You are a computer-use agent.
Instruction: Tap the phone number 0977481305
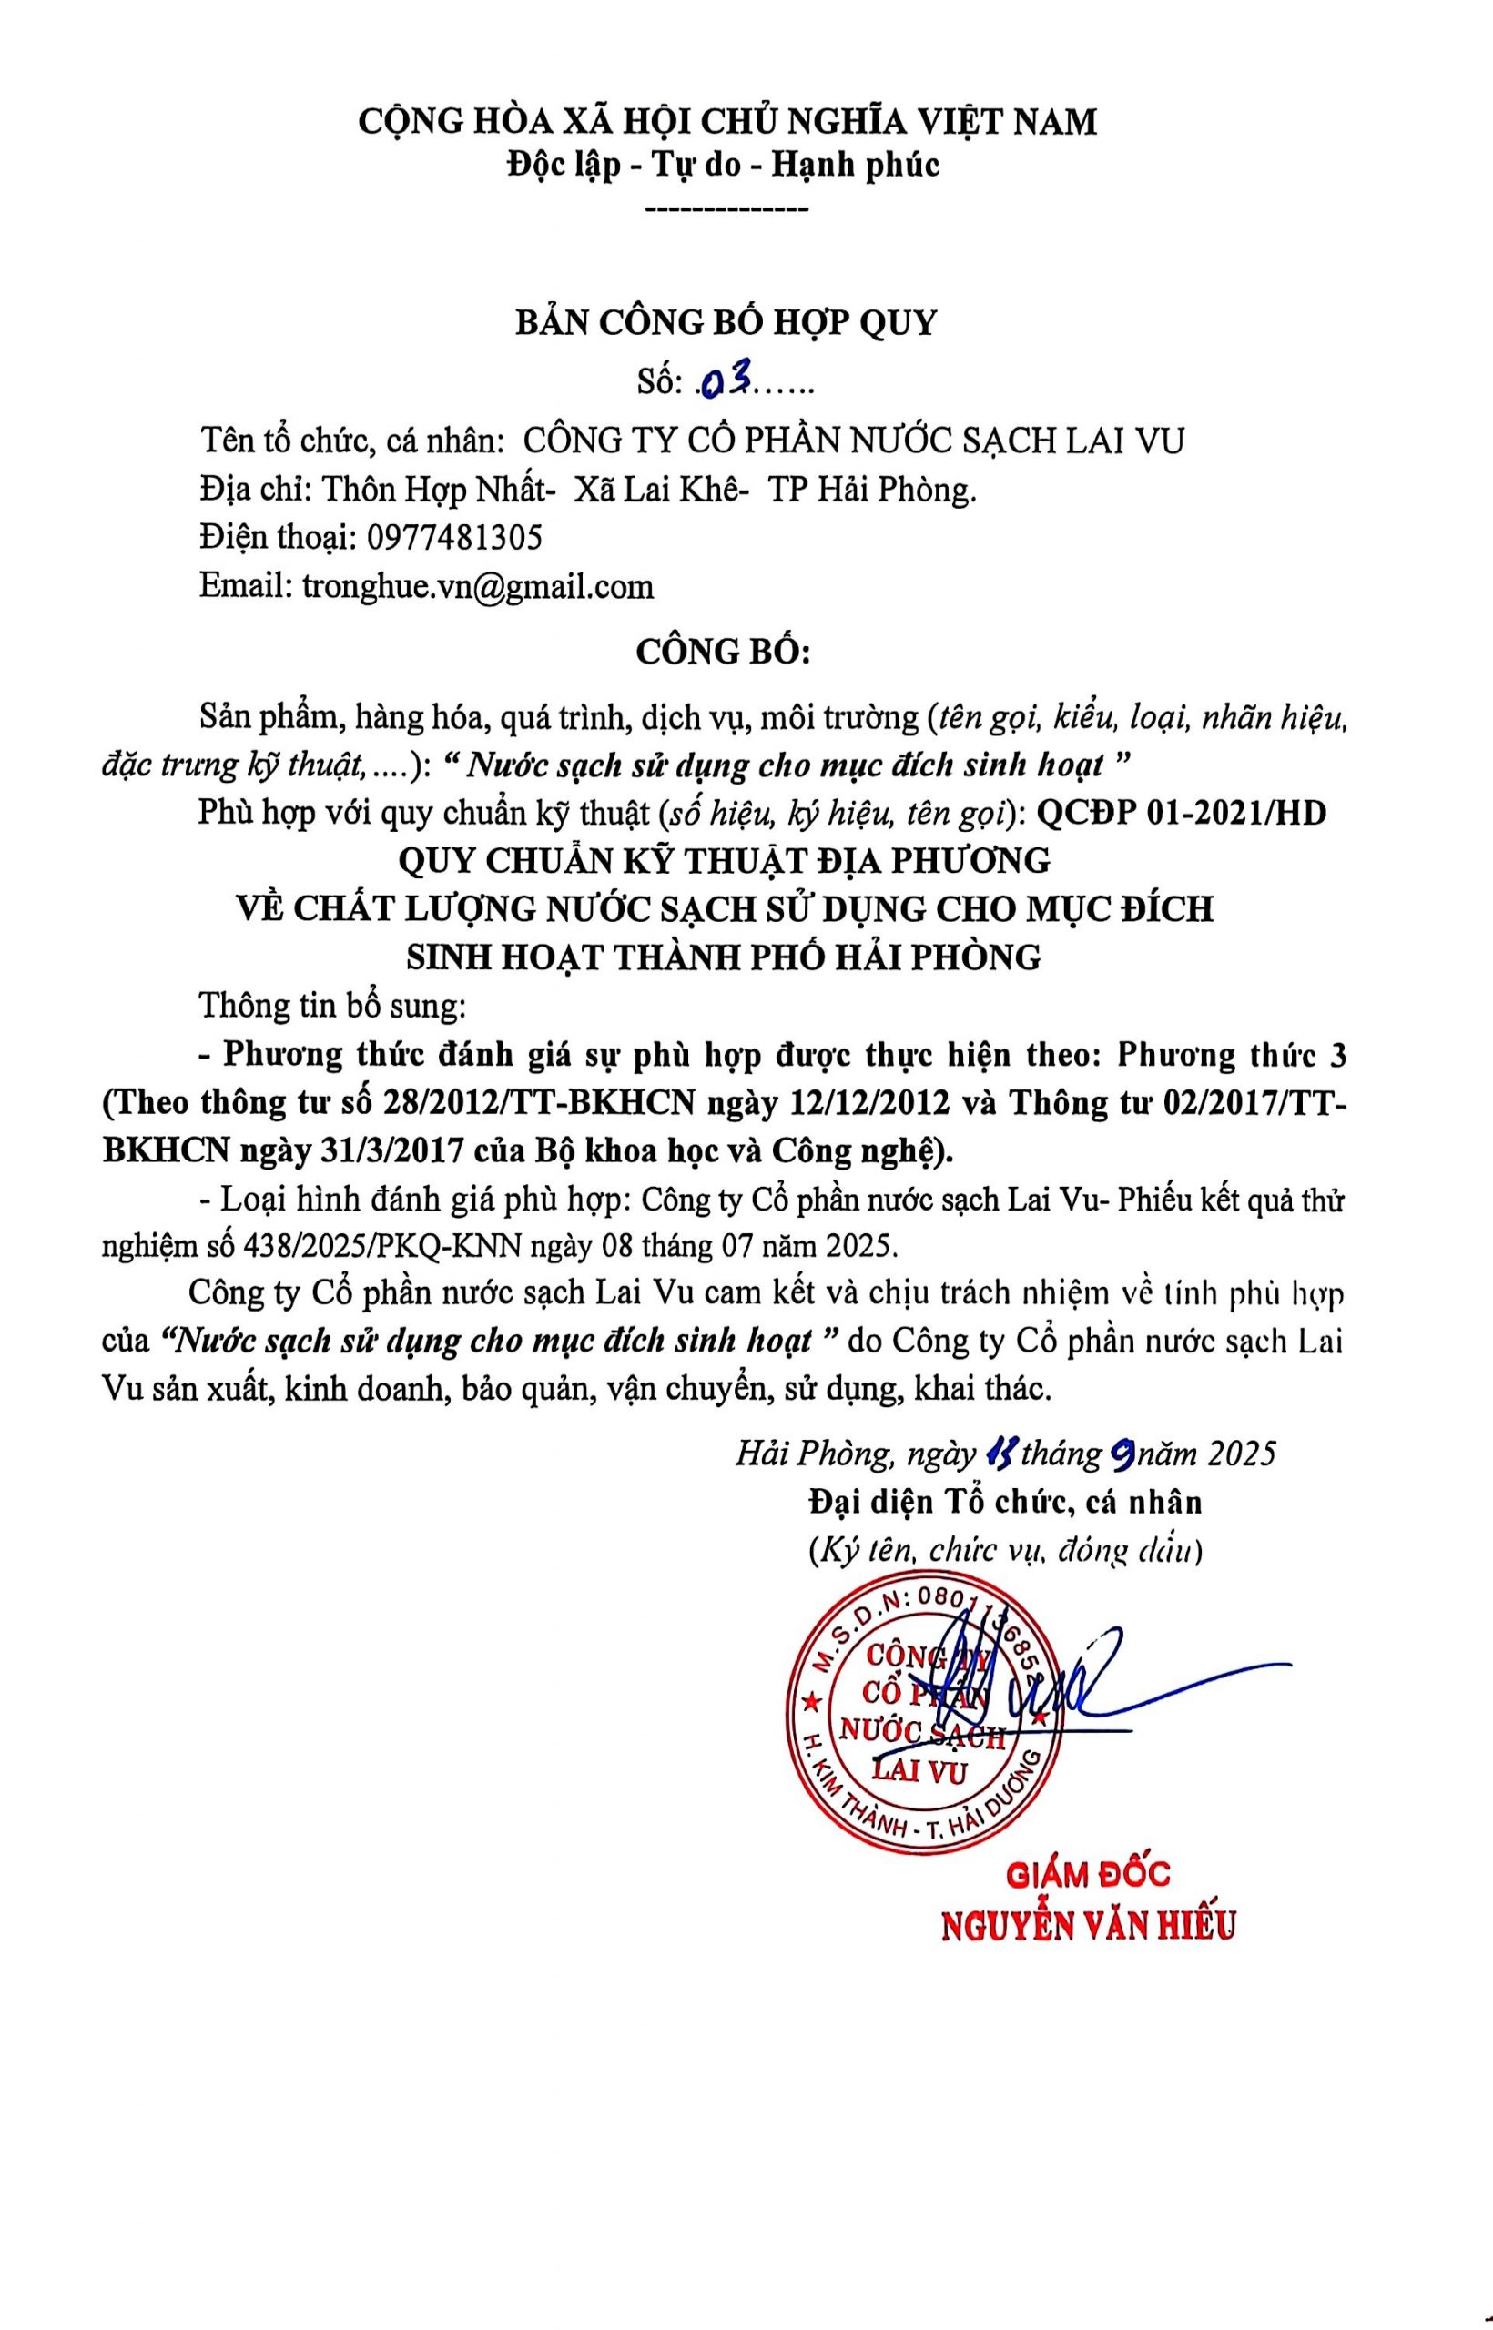pyautogui.click(x=453, y=537)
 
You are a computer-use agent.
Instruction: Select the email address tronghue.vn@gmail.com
pyautogui.click(x=478, y=585)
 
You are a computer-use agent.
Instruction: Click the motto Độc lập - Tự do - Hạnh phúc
pyautogui.click(x=723, y=166)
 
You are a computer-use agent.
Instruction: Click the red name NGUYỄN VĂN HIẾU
pyautogui.click(x=1089, y=1924)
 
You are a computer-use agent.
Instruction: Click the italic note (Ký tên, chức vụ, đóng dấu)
pyautogui.click(x=1005, y=1551)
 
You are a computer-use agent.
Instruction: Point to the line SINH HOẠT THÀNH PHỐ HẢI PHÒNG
pyautogui.click(x=722, y=957)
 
